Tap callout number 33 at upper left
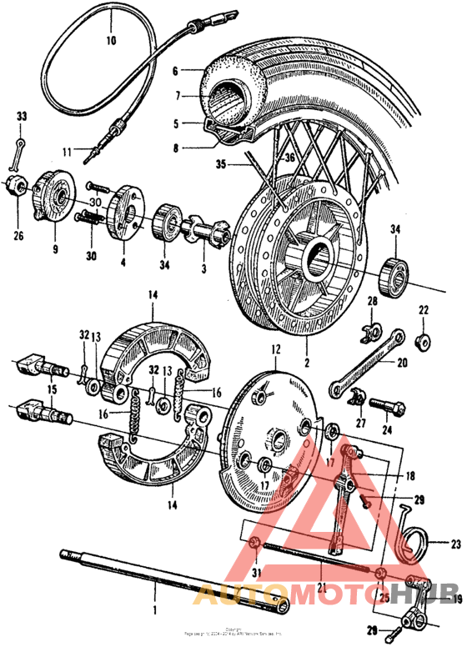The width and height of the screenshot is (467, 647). pos(22,116)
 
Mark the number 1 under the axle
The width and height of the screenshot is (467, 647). pos(153,589)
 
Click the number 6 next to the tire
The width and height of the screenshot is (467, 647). pos(175,72)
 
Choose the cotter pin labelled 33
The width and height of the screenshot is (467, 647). pos(21,150)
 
